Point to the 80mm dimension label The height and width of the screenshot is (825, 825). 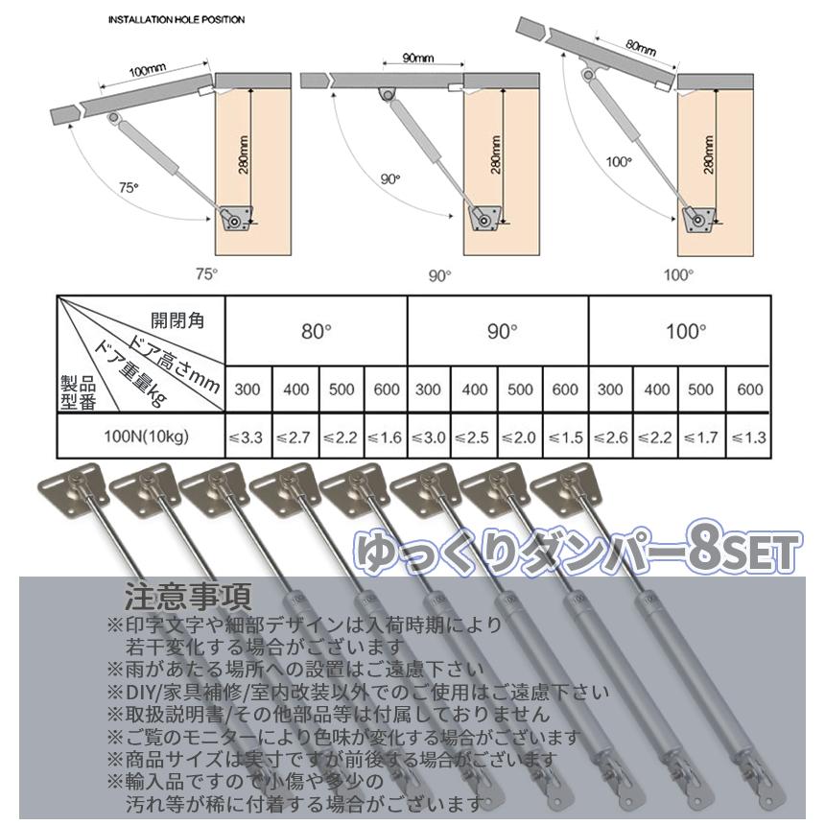click(x=639, y=45)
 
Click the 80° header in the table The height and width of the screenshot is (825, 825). click(x=316, y=331)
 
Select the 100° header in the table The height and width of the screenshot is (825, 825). click(x=685, y=331)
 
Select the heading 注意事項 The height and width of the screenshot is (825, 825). click(x=188, y=598)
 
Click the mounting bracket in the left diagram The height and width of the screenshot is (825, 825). click(x=235, y=221)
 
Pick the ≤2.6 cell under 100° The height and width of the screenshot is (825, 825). click(x=611, y=437)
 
